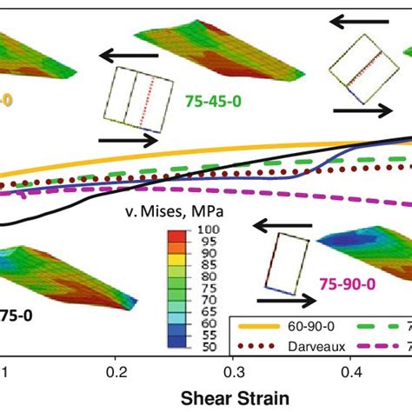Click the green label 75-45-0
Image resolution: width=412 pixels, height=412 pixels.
tap(213, 101)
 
